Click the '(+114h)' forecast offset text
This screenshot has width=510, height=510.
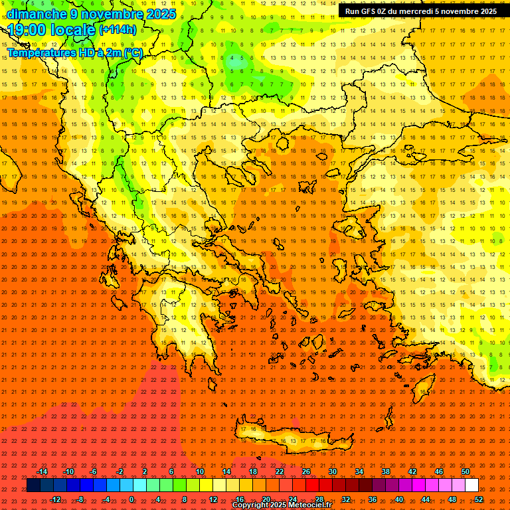(118, 30)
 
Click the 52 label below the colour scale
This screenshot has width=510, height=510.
(479, 499)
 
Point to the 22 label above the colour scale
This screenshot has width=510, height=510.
(280, 471)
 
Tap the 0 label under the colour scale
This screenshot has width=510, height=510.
(131, 499)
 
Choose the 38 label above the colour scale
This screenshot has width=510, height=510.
(385, 471)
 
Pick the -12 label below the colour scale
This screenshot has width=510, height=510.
(55, 499)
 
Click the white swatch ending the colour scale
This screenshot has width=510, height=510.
(471, 485)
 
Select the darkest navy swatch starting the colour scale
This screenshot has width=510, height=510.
(34, 485)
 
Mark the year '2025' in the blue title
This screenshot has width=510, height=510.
(161, 14)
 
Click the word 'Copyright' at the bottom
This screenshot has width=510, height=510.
(251, 505)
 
